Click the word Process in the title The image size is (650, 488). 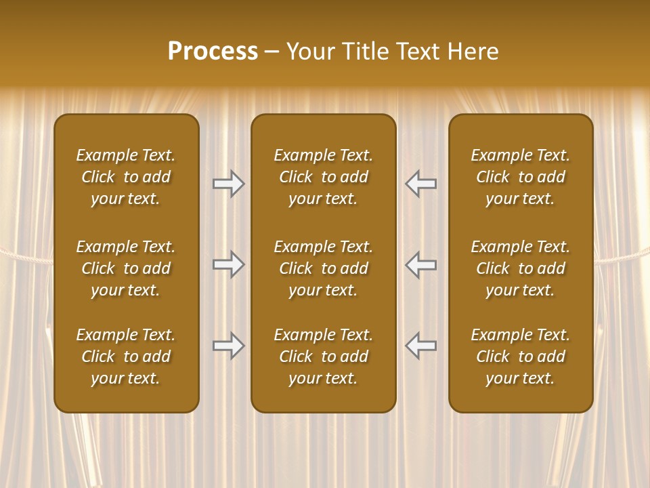pyautogui.click(x=213, y=52)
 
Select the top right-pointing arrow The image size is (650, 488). pyautogui.click(x=228, y=183)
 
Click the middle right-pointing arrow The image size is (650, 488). pyautogui.click(x=228, y=264)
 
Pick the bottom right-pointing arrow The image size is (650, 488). pyautogui.click(x=228, y=346)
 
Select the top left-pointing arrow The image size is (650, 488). pyautogui.click(x=421, y=183)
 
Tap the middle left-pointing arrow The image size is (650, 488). pyautogui.click(x=421, y=264)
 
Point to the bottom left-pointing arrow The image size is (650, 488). pyautogui.click(x=421, y=346)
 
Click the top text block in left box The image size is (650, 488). pyautogui.click(x=126, y=177)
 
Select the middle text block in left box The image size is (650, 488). pyautogui.click(x=126, y=268)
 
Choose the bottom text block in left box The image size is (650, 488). pyautogui.click(x=126, y=357)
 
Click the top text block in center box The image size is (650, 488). pyautogui.click(x=323, y=177)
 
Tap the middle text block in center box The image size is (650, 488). pyautogui.click(x=323, y=268)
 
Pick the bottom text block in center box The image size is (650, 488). pyautogui.click(x=323, y=357)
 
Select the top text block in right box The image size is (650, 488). pyautogui.click(x=521, y=177)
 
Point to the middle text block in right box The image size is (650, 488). pyautogui.click(x=521, y=268)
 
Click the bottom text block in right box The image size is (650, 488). pyautogui.click(x=521, y=357)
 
